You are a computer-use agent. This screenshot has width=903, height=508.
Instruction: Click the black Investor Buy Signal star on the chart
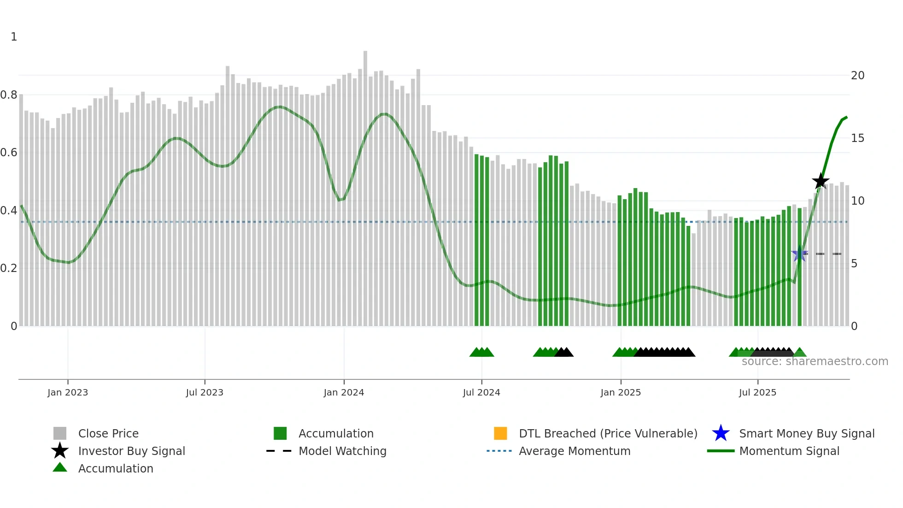(x=820, y=182)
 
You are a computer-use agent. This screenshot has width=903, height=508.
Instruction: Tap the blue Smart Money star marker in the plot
(x=799, y=254)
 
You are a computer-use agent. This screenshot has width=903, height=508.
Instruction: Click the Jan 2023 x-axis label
(x=68, y=392)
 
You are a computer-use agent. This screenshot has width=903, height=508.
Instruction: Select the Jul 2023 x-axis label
(x=205, y=392)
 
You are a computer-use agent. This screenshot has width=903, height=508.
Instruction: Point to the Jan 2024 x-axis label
(x=344, y=392)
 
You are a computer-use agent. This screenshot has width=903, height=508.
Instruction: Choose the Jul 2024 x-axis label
(x=481, y=392)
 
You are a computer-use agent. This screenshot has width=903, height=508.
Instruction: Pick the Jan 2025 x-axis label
(x=621, y=392)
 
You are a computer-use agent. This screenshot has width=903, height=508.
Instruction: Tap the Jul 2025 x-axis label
(x=757, y=392)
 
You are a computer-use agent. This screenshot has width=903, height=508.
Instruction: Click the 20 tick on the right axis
(x=857, y=76)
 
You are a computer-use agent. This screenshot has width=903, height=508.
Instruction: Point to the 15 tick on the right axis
(x=857, y=138)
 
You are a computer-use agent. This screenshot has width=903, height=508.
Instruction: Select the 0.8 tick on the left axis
(x=9, y=95)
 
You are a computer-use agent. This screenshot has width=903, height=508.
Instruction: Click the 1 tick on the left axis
(x=14, y=37)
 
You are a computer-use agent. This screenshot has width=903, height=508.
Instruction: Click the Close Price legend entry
(x=108, y=433)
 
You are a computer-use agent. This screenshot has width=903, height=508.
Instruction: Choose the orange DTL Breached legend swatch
(x=500, y=433)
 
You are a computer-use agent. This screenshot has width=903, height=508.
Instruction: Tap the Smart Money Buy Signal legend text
(x=807, y=433)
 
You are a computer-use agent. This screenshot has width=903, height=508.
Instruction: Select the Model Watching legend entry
(x=342, y=451)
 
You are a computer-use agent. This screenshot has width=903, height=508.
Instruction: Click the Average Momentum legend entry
(x=575, y=451)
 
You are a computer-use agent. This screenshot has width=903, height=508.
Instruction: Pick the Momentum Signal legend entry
(x=789, y=451)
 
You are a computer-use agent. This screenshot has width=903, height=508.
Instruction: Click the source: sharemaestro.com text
(x=815, y=361)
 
